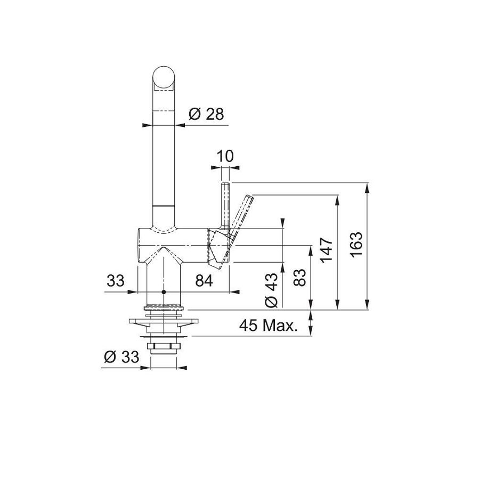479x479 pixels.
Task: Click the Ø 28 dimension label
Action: click(206, 114)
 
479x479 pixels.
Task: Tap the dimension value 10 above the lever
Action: click(225, 156)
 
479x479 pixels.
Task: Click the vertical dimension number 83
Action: click(300, 277)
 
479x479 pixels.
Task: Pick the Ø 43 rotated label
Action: click(271, 290)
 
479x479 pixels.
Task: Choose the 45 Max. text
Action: click(268, 326)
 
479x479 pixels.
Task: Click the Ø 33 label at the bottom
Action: click(121, 357)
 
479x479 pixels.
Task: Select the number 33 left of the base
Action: click(115, 280)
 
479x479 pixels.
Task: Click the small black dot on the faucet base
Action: click(164, 293)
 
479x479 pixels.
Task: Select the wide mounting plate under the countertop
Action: click(163, 322)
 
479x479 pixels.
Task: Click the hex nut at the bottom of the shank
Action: click(163, 347)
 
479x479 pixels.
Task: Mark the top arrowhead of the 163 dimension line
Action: click(367, 186)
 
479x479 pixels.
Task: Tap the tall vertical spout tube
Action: click(164, 160)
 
